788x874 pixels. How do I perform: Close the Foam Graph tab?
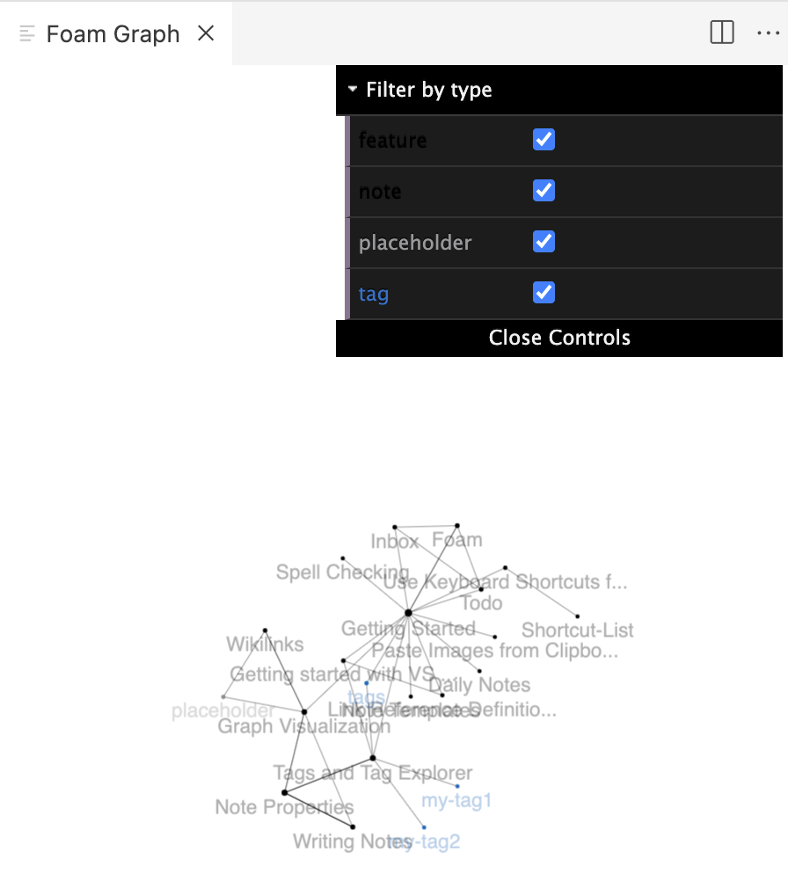(x=206, y=33)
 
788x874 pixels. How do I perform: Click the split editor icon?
(x=722, y=33)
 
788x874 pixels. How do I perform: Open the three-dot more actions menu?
(x=768, y=33)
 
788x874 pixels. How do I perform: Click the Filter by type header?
(x=429, y=90)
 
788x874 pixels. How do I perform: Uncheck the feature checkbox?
(x=544, y=140)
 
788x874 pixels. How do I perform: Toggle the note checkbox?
(x=544, y=191)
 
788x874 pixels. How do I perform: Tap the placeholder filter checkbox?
(x=544, y=242)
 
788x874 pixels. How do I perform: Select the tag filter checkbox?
(x=544, y=293)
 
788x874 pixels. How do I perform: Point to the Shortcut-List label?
(x=577, y=630)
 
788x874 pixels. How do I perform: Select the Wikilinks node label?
(x=265, y=645)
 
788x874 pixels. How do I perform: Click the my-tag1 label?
(x=456, y=801)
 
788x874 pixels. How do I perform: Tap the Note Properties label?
(x=284, y=807)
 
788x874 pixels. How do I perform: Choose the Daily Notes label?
(x=479, y=685)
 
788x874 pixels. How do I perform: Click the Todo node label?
(x=481, y=603)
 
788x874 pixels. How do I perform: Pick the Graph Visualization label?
(x=303, y=727)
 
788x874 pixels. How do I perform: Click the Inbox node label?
(x=394, y=542)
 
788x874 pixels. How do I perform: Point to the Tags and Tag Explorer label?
(x=372, y=774)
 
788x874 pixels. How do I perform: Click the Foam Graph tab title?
(x=113, y=33)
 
